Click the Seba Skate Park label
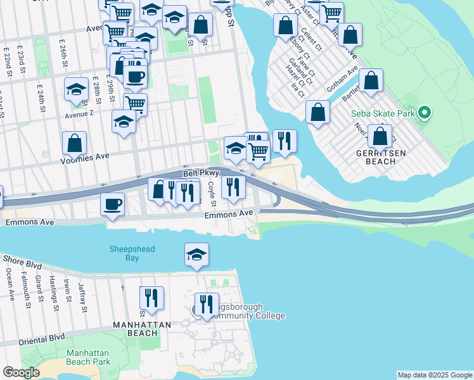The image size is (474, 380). pyautogui.click(x=383, y=115)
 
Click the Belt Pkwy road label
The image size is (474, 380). pyautogui.click(x=201, y=172)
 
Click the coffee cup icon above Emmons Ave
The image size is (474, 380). pyautogui.click(x=113, y=205)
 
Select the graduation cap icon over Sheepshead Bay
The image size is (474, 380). pyautogui.click(x=197, y=255)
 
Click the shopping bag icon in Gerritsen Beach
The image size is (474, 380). pyautogui.click(x=380, y=136)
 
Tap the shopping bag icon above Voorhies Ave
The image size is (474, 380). pyautogui.click(x=74, y=143)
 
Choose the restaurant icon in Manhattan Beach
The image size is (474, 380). pyautogui.click(x=151, y=298)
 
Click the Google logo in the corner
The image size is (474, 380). pyautogui.click(x=21, y=373)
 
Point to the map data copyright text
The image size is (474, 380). pyautogui.click(x=435, y=375)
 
